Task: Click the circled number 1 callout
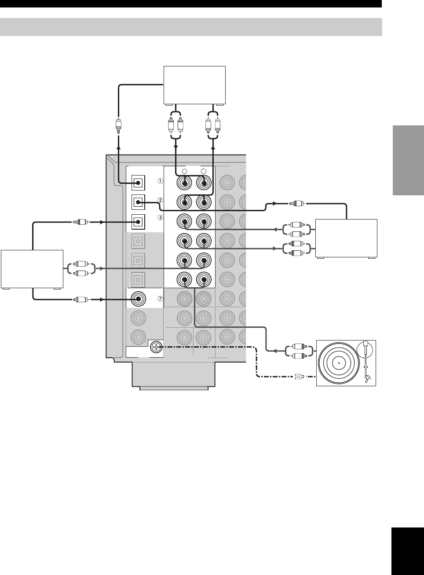point(160,181)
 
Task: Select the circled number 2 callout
point(160,200)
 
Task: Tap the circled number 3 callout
point(160,218)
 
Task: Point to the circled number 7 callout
point(160,299)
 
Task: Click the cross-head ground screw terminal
point(156,348)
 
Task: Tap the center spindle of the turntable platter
point(339,363)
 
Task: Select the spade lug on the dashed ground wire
point(299,377)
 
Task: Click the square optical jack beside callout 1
point(138,183)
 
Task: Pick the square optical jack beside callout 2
point(138,202)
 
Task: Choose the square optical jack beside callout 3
point(138,222)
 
